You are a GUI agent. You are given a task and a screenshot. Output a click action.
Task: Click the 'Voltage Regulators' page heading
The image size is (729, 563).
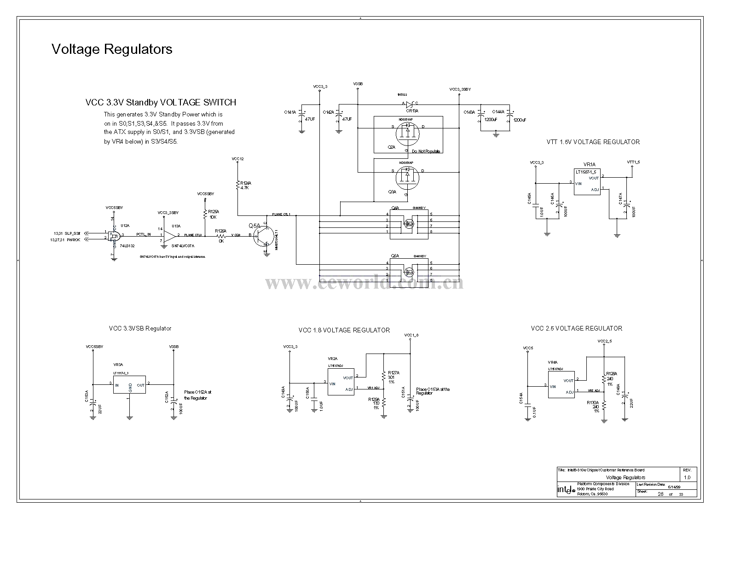coord(112,49)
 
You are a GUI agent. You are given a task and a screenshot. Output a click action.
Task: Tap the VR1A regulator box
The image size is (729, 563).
coord(587,182)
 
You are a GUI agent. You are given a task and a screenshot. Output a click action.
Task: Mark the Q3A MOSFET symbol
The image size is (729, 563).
coord(407,177)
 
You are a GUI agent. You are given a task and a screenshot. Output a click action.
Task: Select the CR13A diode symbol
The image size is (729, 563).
coord(409,104)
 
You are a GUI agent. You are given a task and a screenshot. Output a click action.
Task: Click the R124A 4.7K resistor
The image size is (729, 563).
coord(238,186)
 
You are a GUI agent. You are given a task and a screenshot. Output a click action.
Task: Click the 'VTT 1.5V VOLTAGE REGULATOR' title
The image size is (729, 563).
coord(593,142)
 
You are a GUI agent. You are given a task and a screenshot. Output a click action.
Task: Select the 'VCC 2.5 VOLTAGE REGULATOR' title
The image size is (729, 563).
coord(576,329)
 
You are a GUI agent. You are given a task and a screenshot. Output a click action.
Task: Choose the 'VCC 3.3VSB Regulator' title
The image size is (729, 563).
coord(140,329)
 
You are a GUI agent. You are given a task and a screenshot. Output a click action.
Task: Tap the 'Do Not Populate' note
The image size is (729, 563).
coord(426,151)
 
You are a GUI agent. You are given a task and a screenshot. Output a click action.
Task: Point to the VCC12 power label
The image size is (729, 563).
coord(238,159)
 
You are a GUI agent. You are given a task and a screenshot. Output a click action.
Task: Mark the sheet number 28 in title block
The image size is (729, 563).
coord(660,494)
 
